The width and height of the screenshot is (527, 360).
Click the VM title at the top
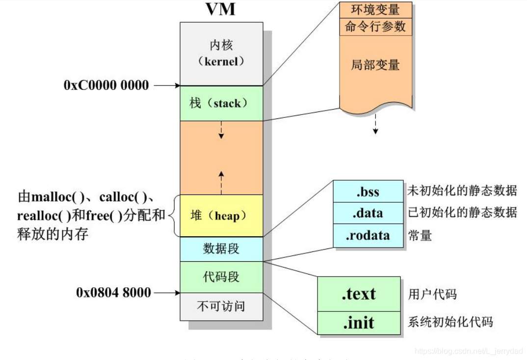(221, 9)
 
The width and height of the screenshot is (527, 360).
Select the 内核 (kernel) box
(221, 54)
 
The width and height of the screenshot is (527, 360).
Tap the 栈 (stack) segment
(221, 103)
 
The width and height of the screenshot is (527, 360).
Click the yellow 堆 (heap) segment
(221, 216)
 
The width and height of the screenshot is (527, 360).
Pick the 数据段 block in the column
(221, 249)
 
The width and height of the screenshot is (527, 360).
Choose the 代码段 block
(221, 277)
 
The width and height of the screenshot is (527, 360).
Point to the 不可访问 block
(221, 307)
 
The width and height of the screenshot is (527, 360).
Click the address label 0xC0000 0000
(106, 85)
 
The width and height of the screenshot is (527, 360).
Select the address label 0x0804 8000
(113, 293)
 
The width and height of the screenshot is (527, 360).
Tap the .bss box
(368, 191)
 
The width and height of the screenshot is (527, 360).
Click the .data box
(368, 213)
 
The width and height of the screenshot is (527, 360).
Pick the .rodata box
(368, 235)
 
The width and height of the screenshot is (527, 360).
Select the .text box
(359, 294)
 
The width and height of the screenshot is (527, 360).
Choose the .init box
(359, 323)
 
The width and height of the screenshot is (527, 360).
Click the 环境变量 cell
(375, 10)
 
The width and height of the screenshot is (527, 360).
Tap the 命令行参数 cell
(375, 27)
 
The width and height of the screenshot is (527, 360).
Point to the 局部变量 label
(375, 65)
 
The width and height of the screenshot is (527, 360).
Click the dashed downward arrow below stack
(221, 130)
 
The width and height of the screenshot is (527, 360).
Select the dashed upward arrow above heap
(221, 181)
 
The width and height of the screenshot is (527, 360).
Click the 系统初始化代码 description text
(450, 323)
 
